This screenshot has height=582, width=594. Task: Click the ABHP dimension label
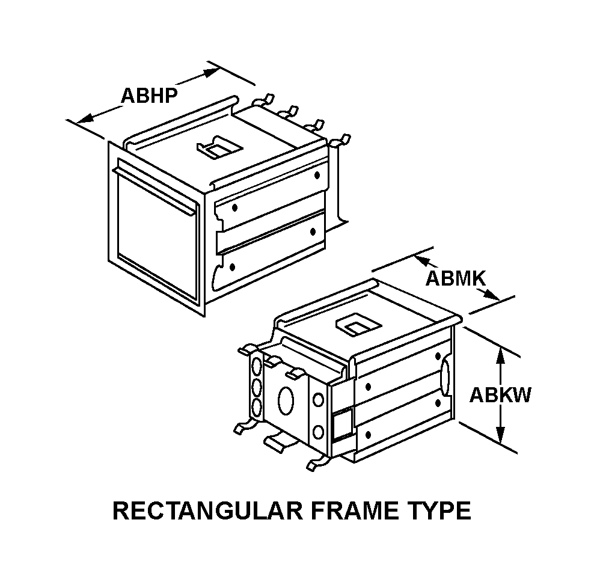(x=149, y=96)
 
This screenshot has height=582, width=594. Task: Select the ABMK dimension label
(x=455, y=278)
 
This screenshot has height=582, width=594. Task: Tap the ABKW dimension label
(x=500, y=395)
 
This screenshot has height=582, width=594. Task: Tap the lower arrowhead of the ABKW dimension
(x=501, y=435)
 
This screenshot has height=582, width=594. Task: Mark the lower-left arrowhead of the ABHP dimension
(x=85, y=118)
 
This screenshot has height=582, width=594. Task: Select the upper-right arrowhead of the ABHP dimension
(x=209, y=73)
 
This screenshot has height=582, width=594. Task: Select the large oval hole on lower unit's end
(x=286, y=400)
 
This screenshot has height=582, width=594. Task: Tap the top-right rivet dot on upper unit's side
(x=317, y=175)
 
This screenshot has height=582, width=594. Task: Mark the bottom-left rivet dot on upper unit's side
(x=232, y=268)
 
